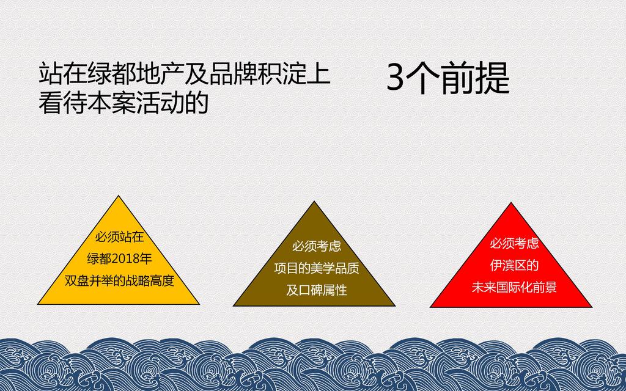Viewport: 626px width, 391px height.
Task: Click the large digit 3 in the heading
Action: [x=396, y=78]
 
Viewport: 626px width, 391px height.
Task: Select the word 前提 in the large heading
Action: [x=474, y=78]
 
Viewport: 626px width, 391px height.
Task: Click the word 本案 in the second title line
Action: [x=111, y=102]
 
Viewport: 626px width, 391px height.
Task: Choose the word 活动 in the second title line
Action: [x=160, y=102]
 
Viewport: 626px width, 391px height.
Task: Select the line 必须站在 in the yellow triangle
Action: [x=119, y=237]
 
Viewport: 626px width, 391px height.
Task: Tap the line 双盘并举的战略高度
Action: [x=119, y=281]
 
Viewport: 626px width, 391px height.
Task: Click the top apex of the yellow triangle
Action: [x=119, y=195]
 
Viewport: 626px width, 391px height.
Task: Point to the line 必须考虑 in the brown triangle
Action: [x=317, y=246]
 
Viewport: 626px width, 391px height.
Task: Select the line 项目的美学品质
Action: [x=317, y=268]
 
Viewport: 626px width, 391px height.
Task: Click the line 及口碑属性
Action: [x=317, y=290]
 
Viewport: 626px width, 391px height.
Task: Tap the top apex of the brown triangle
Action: [x=314, y=202]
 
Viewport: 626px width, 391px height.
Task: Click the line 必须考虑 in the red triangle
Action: [x=514, y=243]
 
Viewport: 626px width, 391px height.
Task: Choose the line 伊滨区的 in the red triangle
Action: [x=514, y=265]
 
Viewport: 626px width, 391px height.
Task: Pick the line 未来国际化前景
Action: [x=514, y=287]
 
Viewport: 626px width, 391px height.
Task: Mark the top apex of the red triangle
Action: [x=511, y=203]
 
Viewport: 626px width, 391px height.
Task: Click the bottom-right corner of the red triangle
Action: [x=592, y=307]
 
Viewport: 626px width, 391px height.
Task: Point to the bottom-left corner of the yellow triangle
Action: [x=37, y=304]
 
